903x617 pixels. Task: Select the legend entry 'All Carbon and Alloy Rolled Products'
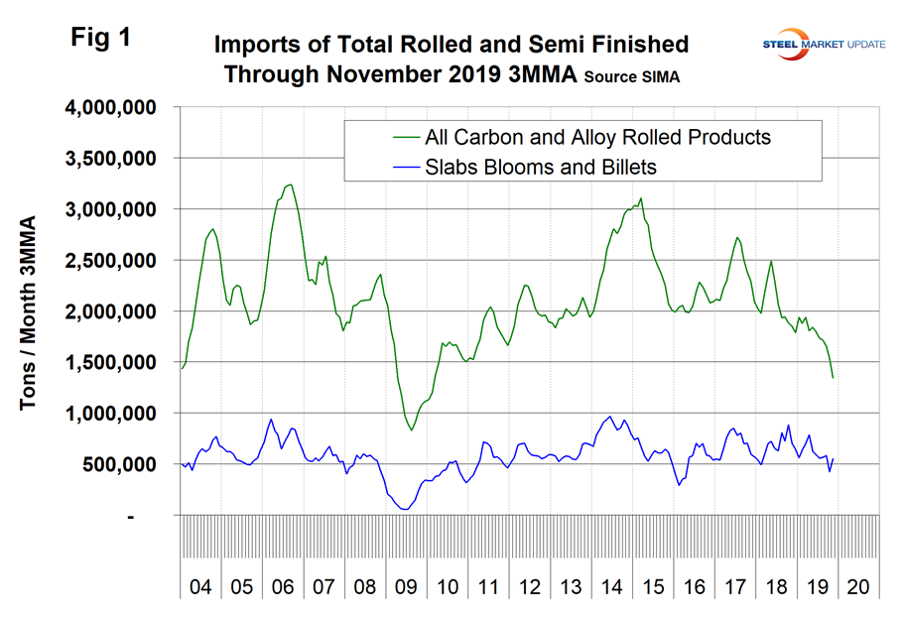[595, 137]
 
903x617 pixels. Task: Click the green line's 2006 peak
[289, 185]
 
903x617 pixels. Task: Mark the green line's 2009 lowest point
[411, 430]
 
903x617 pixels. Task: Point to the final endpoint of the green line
[833, 378]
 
